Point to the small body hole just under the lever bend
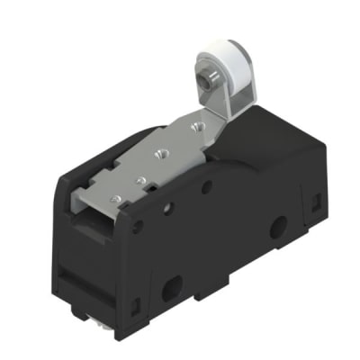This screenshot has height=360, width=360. (207, 187)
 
